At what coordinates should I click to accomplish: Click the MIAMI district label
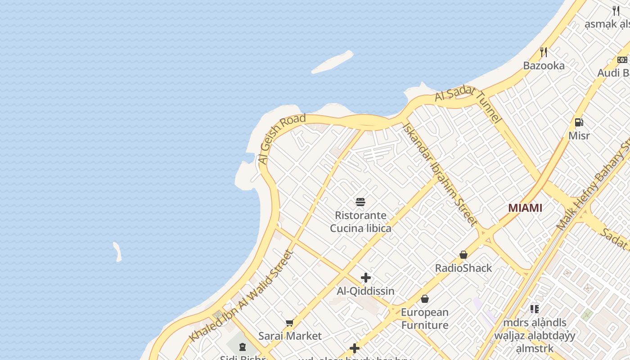pos(525,208)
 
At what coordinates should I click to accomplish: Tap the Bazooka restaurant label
pos(544,66)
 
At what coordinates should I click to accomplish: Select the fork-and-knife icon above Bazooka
pos(544,52)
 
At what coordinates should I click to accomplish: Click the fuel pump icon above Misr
pos(579,122)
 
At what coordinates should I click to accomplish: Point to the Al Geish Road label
pos(281,139)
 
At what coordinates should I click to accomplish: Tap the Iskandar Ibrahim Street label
pos(440,174)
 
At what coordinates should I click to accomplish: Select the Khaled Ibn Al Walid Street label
pos(241,296)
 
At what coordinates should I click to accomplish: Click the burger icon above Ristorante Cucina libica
pos(360,202)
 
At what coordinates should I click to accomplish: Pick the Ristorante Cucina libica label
pos(360,222)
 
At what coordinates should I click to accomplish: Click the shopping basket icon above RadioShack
pos(463,255)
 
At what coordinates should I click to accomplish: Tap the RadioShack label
pos(463,268)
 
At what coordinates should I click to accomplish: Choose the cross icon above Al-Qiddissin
pos(366,278)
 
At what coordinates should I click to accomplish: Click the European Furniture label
pos(425,319)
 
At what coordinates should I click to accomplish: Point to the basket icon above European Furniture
pos(425,299)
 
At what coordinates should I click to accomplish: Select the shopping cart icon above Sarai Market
pos(290,323)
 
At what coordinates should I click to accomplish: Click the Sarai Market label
pos(290,336)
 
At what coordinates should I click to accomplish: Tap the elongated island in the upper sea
pos(333,62)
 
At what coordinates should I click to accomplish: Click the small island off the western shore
pos(117,252)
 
